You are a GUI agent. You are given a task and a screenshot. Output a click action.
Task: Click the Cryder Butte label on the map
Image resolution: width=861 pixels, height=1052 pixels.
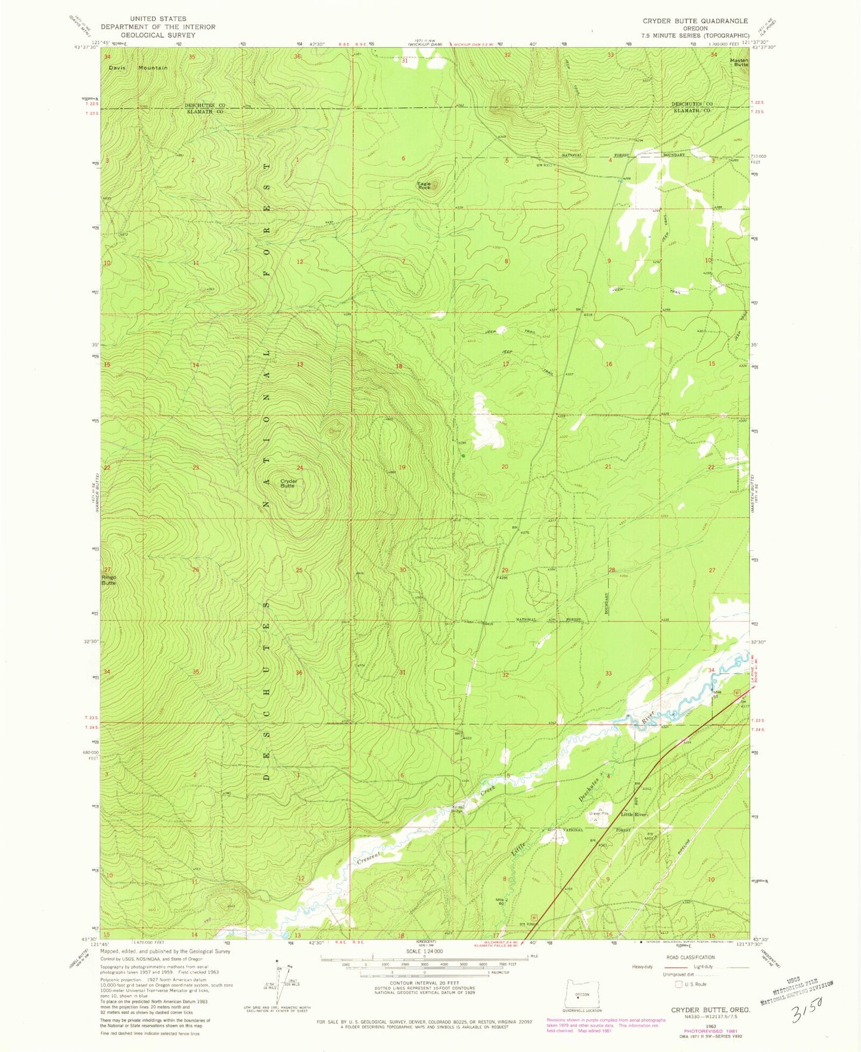288,483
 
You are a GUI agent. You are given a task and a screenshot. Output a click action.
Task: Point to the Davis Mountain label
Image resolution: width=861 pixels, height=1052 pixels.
138,68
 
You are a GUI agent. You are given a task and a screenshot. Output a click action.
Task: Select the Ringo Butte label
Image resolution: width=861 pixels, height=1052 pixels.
108,580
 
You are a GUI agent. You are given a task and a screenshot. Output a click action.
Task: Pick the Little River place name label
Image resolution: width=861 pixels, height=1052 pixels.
634,814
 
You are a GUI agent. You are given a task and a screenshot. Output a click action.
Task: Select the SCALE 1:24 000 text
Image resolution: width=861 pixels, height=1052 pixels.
424,951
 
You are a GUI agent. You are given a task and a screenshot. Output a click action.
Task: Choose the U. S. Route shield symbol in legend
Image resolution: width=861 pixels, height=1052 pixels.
678,985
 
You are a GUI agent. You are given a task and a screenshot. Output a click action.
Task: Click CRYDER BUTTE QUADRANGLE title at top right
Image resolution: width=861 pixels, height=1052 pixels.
695,21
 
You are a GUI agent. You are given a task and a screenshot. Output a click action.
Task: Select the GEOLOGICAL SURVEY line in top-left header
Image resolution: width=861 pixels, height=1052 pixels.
158,35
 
